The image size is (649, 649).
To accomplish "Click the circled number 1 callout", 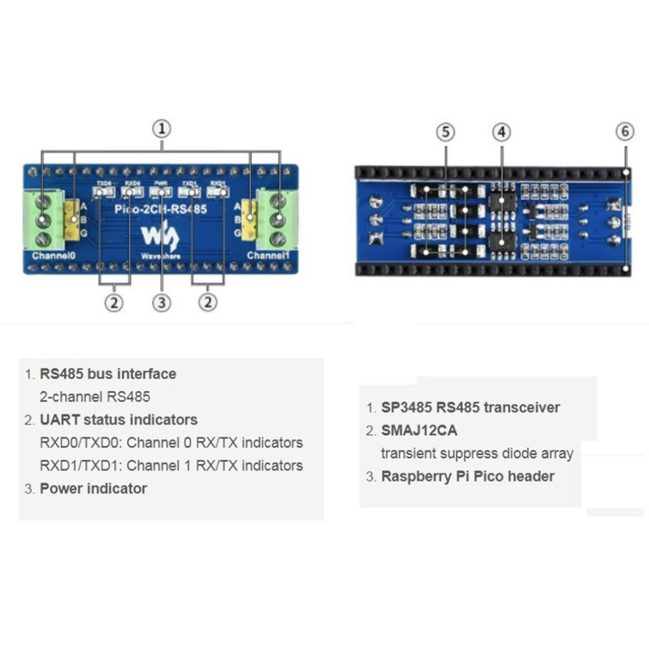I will pyautogui.click(x=162, y=128).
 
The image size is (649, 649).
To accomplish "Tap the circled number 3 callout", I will pyautogui.click(x=162, y=303).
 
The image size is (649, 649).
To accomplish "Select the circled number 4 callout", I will pyautogui.click(x=501, y=132).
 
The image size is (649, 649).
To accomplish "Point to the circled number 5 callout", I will pyautogui.click(x=445, y=132).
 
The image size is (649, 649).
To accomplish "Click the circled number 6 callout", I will pyautogui.click(x=625, y=132).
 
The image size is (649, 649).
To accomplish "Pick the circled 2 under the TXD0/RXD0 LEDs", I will pyautogui.click(x=115, y=303).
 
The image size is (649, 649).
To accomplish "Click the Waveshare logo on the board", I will pyautogui.click(x=161, y=237).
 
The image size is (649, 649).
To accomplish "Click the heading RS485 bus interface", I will pyautogui.click(x=108, y=374).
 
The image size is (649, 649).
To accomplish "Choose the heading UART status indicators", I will pyautogui.click(x=118, y=420).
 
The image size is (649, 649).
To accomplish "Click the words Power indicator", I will pyautogui.click(x=93, y=488).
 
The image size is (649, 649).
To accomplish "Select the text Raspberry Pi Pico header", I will pyautogui.click(x=467, y=477).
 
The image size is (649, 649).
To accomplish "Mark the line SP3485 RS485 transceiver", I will pyautogui.click(x=470, y=407).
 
